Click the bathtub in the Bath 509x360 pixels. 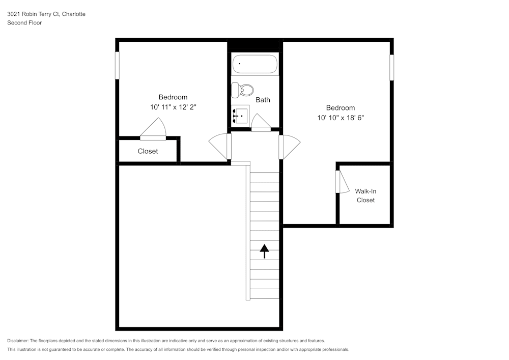coord(255,65)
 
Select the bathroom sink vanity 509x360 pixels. coord(240,116)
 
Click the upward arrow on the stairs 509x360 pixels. coord(264,251)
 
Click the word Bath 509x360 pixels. coord(263,100)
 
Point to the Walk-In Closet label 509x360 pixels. coord(365,196)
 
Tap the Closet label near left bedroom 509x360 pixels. coord(148,151)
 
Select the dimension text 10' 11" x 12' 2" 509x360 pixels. coord(173,107)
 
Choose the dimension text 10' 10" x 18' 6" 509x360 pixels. coord(341,118)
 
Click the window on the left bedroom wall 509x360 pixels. coord(117,65)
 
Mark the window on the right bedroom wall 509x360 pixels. coord(392,67)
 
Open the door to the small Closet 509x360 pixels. coord(154,129)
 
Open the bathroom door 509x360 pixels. coord(261,123)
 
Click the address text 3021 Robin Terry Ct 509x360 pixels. coord(46,14)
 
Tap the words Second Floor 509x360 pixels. coord(24,23)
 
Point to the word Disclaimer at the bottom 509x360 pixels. coord(18,341)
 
